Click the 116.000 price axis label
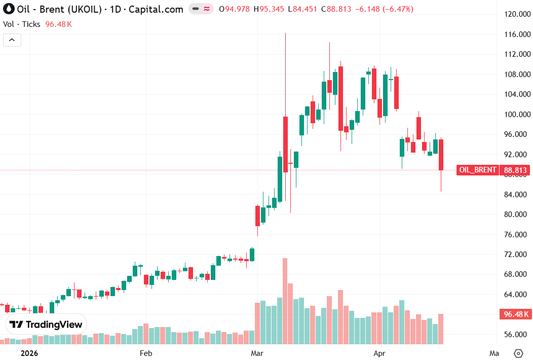(515, 34)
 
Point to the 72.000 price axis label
(515, 255)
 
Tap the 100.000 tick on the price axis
(515, 115)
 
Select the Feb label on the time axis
(146, 353)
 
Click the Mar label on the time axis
(257, 353)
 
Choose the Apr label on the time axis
(379, 353)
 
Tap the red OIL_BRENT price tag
(478, 170)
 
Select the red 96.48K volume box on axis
(516, 314)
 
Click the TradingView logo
(46, 325)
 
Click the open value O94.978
(234, 9)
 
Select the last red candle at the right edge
(441, 155)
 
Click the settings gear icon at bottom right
(518, 353)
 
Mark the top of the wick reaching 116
(285, 34)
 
